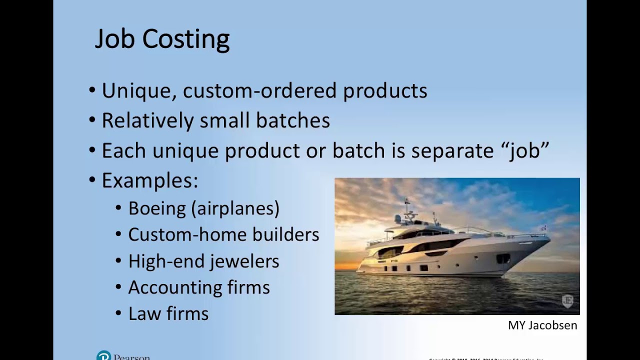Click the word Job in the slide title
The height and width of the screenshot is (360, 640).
(x=115, y=39)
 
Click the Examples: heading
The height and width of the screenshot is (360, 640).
(x=150, y=180)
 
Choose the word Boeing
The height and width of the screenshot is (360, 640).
(x=156, y=208)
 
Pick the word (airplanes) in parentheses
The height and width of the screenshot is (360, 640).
(x=235, y=208)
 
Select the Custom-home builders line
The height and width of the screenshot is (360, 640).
(x=223, y=234)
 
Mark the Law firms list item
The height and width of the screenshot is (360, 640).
(x=168, y=314)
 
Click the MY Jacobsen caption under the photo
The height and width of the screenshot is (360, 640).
(x=542, y=325)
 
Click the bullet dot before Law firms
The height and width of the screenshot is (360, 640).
(x=118, y=313)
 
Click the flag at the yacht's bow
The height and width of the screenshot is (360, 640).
(x=543, y=228)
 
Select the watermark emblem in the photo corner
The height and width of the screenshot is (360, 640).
(x=567, y=300)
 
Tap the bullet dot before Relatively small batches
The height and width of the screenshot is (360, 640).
(x=92, y=120)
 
